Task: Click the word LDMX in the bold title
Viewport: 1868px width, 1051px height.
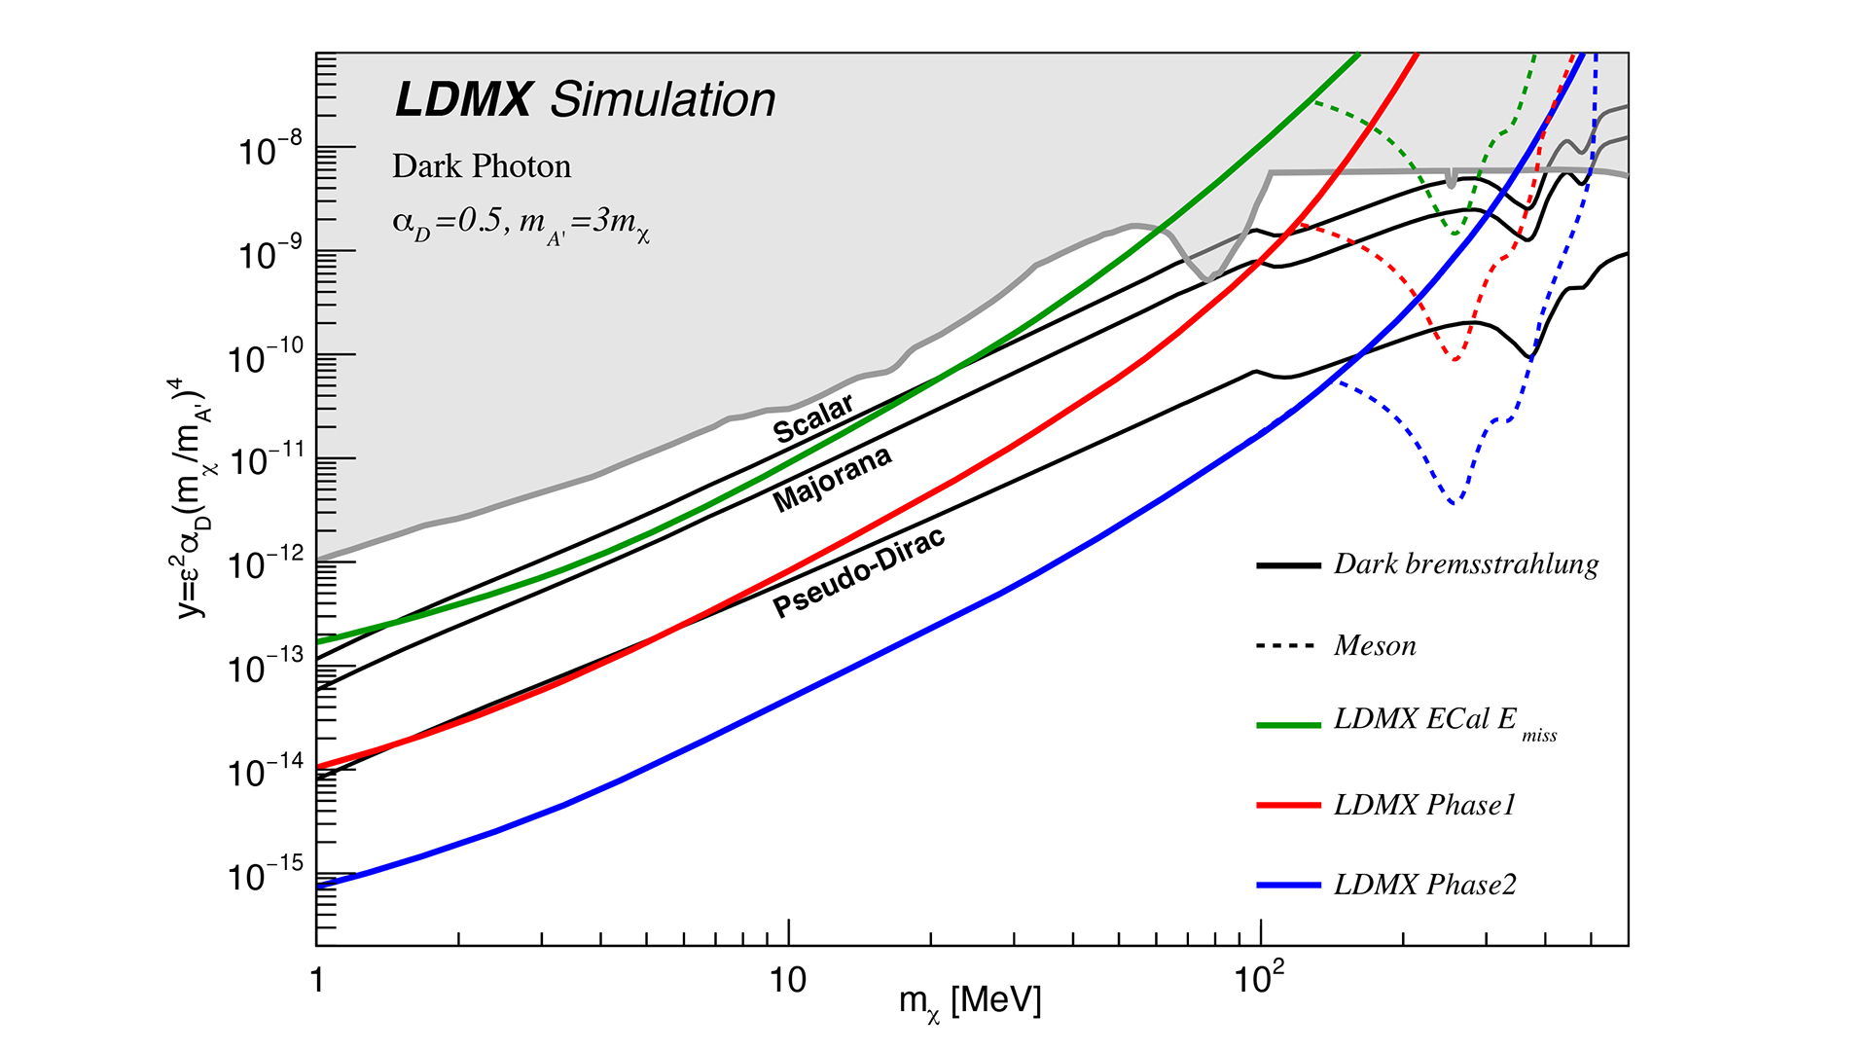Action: (464, 100)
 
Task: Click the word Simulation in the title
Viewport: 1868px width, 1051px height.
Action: (663, 100)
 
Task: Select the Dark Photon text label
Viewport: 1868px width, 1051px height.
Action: (482, 166)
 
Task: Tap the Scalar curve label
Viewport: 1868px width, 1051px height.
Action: (813, 418)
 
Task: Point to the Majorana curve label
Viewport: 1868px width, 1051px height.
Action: (832, 479)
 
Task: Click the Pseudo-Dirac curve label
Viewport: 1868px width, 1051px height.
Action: (858, 574)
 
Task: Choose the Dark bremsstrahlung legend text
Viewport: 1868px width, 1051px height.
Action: (1466, 564)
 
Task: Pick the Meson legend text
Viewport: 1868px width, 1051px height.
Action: (1375, 646)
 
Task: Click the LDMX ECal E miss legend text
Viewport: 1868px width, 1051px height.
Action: (1445, 721)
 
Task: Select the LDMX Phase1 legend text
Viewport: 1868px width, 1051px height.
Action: (1425, 805)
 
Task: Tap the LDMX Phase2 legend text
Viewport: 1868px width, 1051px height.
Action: (1425, 885)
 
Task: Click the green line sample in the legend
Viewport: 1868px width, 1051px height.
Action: (1288, 725)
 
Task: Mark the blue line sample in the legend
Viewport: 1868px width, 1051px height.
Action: (1288, 886)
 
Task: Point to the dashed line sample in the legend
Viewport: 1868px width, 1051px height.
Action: (1288, 646)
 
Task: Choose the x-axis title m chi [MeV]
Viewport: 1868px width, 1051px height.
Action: (970, 1002)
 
